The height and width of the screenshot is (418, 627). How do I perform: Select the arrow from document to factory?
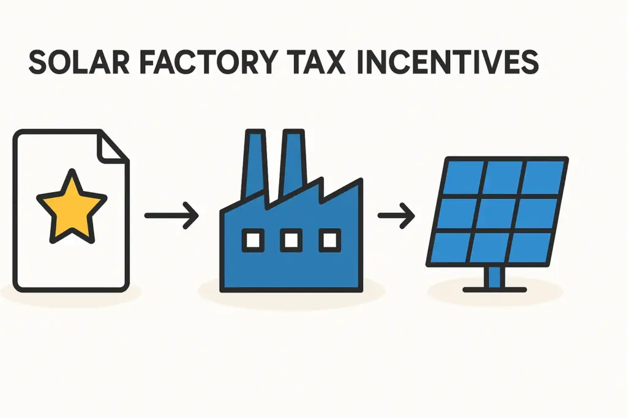[171, 215]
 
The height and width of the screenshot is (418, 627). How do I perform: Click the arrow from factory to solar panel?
[396, 215]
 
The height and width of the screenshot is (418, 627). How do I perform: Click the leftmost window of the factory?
[252, 239]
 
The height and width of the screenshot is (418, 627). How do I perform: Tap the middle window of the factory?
[291, 239]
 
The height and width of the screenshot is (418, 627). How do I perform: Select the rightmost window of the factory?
[329, 239]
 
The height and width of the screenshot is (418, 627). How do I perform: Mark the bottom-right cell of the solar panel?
[530, 247]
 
